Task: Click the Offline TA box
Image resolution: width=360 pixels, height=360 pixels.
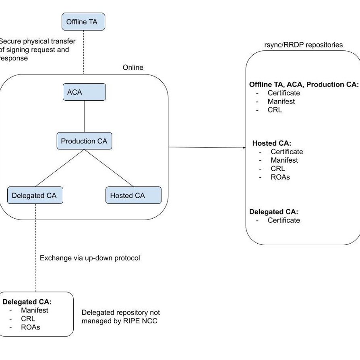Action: [x=83, y=22]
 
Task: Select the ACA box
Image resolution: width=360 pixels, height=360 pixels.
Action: [x=84, y=92]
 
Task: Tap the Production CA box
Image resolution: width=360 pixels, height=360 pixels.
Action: [x=84, y=141]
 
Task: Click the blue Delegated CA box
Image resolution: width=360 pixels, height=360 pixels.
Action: [x=35, y=196]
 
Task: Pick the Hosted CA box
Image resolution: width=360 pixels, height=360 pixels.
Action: [x=133, y=196]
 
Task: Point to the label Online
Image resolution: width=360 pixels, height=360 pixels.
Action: [x=133, y=68]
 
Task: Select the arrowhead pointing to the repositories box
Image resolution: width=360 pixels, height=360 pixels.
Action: [x=244, y=148]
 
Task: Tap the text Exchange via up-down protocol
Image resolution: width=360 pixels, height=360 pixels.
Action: [x=90, y=258]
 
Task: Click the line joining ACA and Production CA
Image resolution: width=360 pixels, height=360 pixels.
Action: [x=84, y=117]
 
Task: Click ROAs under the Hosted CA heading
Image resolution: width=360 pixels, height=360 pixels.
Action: [x=280, y=177]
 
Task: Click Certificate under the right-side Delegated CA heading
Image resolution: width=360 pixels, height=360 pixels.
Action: [x=283, y=220]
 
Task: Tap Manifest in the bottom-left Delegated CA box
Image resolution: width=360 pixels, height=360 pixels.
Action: [x=34, y=310]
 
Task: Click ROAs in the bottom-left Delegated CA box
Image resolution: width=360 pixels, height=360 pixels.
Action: [x=30, y=327]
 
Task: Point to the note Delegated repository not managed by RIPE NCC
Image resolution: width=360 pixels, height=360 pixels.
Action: [x=120, y=317]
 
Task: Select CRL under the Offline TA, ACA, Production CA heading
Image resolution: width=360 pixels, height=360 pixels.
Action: [x=275, y=110]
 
